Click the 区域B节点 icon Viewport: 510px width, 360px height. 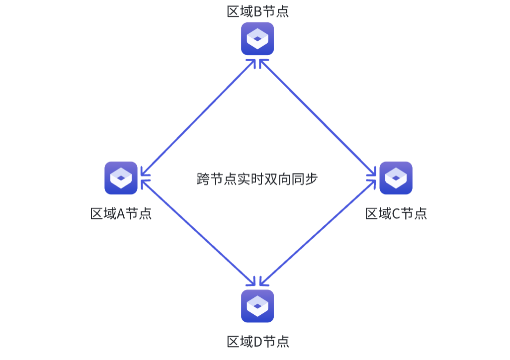coord(257,38)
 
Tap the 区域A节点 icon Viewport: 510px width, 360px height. coord(121,178)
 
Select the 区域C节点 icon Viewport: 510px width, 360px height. coord(396,178)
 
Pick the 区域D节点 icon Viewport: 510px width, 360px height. coord(257,306)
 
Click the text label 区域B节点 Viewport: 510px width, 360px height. coord(257,11)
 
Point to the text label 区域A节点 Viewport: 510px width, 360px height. coord(121,214)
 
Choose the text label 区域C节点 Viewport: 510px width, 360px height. coord(396,214)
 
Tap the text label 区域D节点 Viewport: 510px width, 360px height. coord(257,342)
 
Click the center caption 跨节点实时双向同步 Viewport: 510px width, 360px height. coord(257,179)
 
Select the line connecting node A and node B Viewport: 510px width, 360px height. coord(199,117)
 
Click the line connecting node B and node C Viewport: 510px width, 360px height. coord(317,117)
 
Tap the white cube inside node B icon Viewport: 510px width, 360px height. coord(257,39)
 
